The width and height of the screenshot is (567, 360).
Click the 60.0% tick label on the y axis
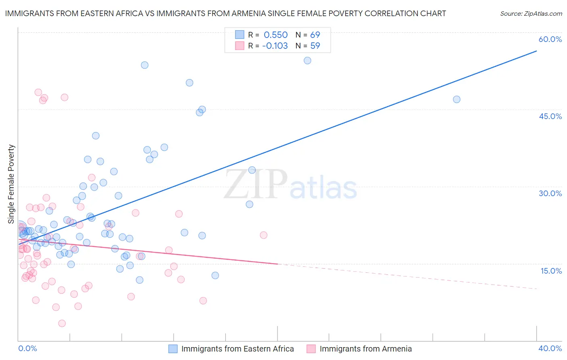click(x=550, y=39)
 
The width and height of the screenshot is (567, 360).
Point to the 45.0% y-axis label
click(x=550, y=116)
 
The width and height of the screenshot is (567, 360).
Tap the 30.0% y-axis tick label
click(x=550, y=193)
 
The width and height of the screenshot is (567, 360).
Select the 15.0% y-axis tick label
click(x=551, y=271)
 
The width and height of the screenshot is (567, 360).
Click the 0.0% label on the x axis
click(x=27, y=348)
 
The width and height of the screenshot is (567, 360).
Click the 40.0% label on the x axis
click(x=550, y=348)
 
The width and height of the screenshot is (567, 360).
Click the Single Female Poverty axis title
click(x=11, y=184)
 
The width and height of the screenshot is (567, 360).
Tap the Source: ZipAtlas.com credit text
click(x=531, y=13)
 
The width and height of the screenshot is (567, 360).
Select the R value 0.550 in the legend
click(x=275, y=35)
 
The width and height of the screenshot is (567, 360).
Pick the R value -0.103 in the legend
click(x=275, y=46)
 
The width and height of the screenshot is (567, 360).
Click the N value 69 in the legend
click(x=315, y=35)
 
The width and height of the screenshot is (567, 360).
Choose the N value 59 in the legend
click(x=315, y=46)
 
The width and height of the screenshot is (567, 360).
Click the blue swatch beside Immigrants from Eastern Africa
click(x=173, y=349)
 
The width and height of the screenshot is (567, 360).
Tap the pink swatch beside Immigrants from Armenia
click(x=311, y=349)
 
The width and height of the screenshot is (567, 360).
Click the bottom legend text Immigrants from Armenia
click(x=365, y=349)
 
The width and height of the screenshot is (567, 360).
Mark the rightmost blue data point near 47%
click(x=457, y=99)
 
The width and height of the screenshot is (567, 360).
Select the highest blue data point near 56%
click(x=307, y=61)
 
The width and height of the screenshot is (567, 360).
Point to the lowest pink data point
click(x=62, y=323)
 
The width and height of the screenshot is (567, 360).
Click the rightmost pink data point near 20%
click(x=263, y=235)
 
